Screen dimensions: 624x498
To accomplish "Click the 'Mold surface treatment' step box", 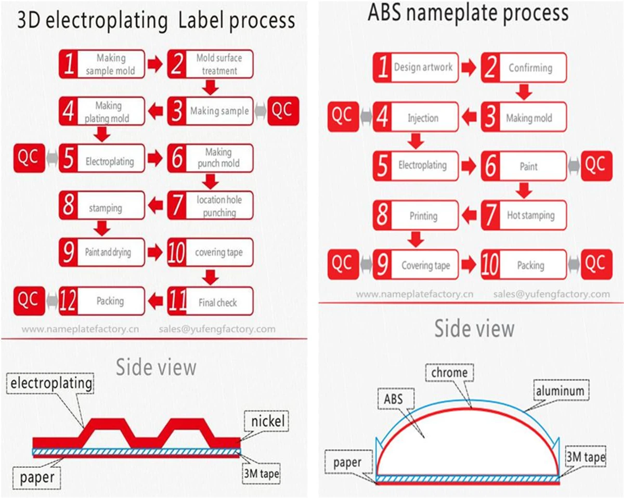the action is (210, 64).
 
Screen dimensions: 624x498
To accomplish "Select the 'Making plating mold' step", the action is (102, 111).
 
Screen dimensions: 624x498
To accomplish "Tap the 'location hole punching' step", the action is (210, 205).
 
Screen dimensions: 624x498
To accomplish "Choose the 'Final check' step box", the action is (210, 301).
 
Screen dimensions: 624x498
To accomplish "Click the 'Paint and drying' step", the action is (102, 252).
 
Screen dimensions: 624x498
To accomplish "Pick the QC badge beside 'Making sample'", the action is (283, 111).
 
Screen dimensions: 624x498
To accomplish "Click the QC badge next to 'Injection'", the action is (343, 117).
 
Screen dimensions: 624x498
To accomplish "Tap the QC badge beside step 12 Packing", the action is (29, 301).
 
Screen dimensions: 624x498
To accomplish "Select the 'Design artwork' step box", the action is (416, 68).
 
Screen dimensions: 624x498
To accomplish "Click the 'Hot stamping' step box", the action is (524, 215).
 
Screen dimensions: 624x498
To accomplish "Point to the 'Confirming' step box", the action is (524, 68).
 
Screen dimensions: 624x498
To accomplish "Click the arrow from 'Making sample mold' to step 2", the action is (155, 64).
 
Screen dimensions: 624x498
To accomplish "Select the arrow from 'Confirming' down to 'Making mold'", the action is (524, 92).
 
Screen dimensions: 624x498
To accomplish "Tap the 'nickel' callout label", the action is (267, 421).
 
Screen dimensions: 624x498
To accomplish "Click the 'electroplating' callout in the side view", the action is (50, 383).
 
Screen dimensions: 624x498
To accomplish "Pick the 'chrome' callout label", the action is (449, 373).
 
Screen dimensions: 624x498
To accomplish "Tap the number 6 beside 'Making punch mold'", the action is (177, 158).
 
